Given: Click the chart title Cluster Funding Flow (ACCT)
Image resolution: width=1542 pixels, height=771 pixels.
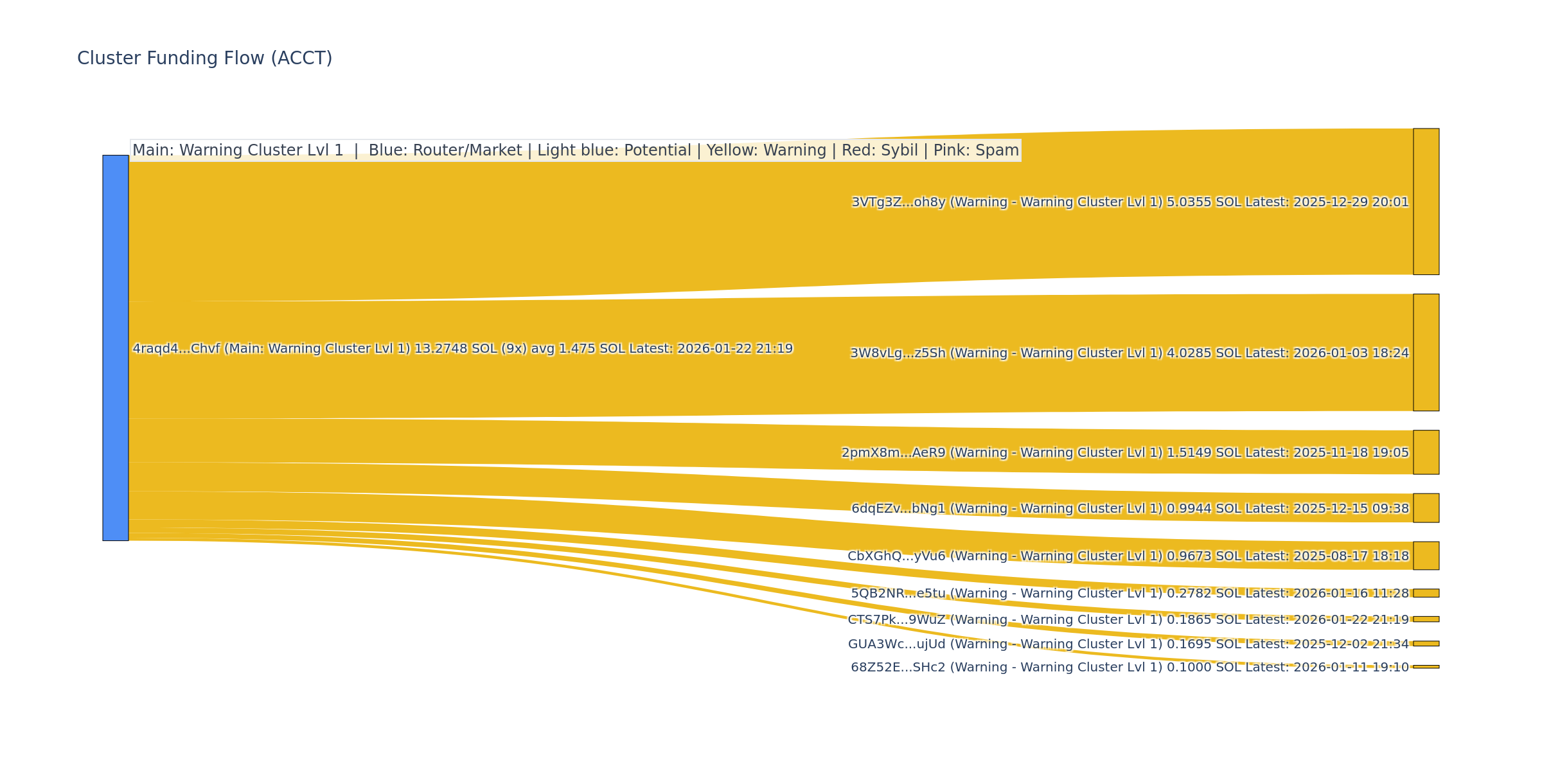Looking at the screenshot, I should pyautogui.click(x=204, y=58).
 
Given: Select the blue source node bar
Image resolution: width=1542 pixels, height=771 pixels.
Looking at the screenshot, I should pyautogui.click(x=116, y=348).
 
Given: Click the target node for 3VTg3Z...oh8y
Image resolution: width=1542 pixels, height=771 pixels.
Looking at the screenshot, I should pyautogui.click(x=1426, y=202).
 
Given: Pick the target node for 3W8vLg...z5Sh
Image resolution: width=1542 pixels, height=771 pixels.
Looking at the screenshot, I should pyautogui.click(x=1426, y=353).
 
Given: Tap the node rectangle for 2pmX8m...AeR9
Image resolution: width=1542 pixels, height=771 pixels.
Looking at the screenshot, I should pyautogui.click(x=1426, y=452).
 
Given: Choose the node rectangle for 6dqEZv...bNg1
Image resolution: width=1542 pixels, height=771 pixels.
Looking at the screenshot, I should pyautogui.click(x=1426, y=508).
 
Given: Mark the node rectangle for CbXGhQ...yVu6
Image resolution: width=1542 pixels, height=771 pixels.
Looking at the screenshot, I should pyautogui.click(x=1426, y=556).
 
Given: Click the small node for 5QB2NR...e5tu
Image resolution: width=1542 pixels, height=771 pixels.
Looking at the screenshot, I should pyautogui.click(x=1426, y=593).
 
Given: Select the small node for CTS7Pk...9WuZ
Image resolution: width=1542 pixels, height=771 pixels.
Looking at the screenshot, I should pyautogui.click(x=1426, y=619).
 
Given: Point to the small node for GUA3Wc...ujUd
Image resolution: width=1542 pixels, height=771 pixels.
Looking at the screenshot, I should pyautogui.click(x=1426, y=644).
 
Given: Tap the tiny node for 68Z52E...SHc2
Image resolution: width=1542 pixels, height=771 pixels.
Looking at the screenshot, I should pyautogui.click(x=1426, y=667).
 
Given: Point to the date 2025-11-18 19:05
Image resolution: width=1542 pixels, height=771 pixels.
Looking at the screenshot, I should pyautogui.click(x=1351, y=453).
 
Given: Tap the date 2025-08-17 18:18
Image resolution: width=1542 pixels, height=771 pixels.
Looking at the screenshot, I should pyautogui.click(x=1351, y=556).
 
